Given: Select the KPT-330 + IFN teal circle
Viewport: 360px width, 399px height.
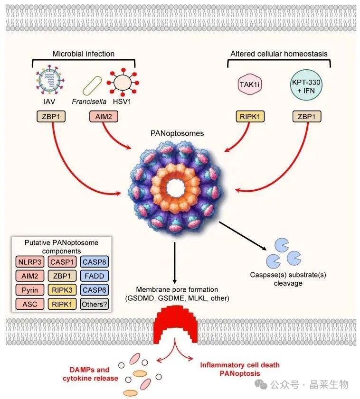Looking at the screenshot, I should (304, 85).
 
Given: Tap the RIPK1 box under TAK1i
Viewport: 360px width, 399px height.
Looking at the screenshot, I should (250, 116).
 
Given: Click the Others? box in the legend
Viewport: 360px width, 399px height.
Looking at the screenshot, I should (94, 304).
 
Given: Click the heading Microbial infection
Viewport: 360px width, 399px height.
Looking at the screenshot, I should (83, 54).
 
